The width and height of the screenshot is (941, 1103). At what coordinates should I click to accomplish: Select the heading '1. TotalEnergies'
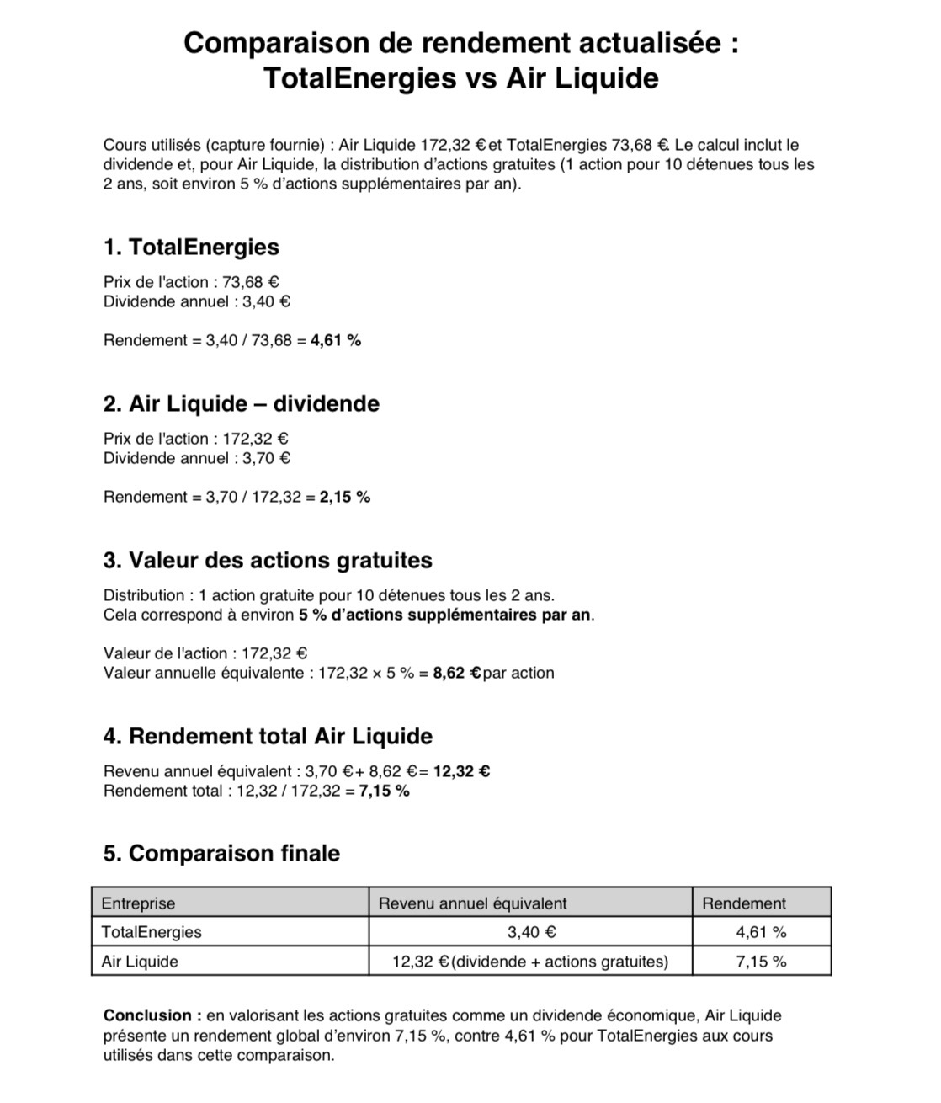coord(191,248)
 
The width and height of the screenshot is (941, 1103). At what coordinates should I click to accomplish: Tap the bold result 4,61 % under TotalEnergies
coord(336,341)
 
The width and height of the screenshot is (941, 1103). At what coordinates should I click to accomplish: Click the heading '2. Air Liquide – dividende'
coord(241,404)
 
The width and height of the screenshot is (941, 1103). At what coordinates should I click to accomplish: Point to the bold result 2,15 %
coord(345,498)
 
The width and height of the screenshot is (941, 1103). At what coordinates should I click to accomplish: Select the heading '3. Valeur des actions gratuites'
coord(268,561)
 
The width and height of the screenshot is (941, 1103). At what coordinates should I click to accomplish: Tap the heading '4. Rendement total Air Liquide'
coord(268,737)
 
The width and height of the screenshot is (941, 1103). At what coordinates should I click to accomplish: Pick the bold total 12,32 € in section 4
coord(461,771)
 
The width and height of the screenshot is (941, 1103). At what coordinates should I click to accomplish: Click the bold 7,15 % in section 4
coord(384,791)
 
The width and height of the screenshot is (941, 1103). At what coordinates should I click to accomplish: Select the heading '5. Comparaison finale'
coord(221,854)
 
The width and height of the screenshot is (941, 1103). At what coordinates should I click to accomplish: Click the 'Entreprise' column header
coord(138,903)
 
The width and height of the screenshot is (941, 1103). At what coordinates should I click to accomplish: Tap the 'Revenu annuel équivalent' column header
coord(472,903)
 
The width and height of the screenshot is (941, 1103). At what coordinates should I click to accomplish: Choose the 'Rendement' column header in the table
coord(743,903)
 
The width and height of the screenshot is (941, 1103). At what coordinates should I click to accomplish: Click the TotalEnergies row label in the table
coord(152,932)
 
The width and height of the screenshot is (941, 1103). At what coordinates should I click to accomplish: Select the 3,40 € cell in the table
coord(530,932)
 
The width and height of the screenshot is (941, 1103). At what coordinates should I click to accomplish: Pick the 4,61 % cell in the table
coord(761,932)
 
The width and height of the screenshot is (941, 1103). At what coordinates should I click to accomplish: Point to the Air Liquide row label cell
coord(140,962)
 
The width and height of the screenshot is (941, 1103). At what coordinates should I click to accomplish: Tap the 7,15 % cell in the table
coord(761,962)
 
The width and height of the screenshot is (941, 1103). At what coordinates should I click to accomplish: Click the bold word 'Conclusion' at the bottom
coord(148,1016)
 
